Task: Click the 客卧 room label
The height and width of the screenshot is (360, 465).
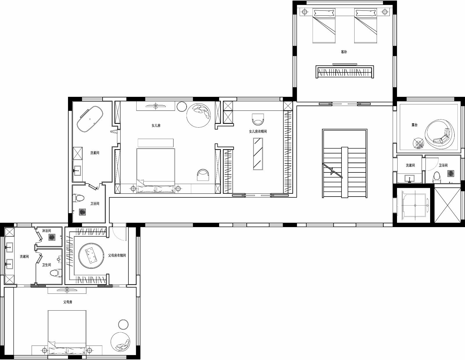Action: click(x=344, y=52)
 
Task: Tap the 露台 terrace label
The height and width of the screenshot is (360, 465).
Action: click(x=414, y=125)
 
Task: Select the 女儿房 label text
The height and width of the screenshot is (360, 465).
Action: click(x=156, y=126)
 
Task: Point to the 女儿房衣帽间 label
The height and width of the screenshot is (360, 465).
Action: click(x=257, y=131)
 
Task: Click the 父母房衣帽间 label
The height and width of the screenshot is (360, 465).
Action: click(x=117, y=255)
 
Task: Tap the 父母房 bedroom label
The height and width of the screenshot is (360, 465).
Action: click(x=68, y=302)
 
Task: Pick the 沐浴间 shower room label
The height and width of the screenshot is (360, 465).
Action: click(x=46, y=231)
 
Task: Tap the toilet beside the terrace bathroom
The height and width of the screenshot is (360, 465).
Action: click(x=436, y=177)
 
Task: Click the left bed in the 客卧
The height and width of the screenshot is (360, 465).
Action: click(x=324, y=26)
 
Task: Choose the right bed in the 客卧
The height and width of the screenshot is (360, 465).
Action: click(x=366, y=26)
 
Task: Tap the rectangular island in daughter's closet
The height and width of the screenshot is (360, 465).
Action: click(x=258, y=154)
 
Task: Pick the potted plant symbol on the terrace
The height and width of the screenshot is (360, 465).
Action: click(x=419, y=143)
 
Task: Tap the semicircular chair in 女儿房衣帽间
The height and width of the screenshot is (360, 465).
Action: click(x=258, y=118)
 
